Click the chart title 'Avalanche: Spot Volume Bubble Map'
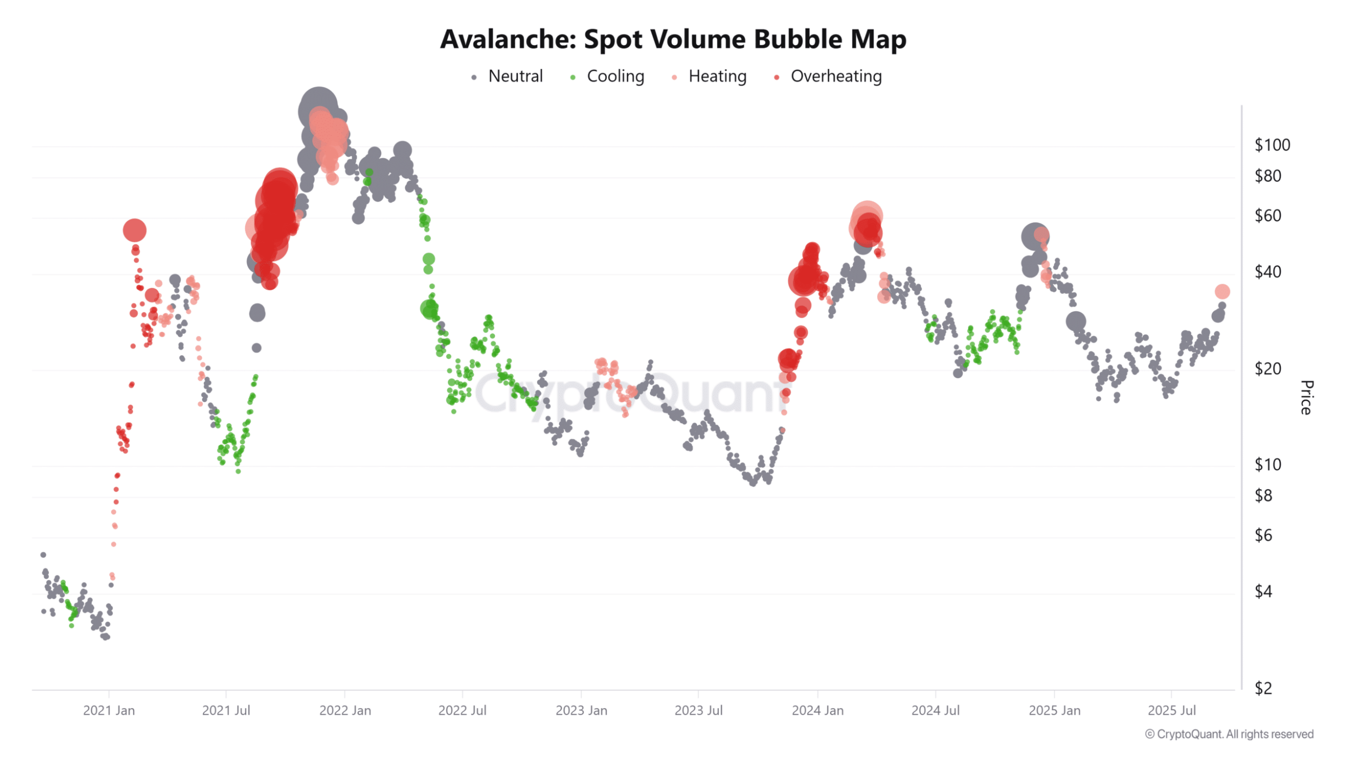tap(673, 39)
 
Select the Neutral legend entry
tap(515, 76)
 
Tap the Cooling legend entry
tap(615, 76)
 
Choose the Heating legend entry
tap(717, 76)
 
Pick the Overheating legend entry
tap(835, 76)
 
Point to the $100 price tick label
tap(1272, 145)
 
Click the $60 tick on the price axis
tap(1267, 216)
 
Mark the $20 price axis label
tap(1267, 369)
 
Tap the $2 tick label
tap(1263, 688)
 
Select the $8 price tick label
tap(1263, 495)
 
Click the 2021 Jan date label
tap(109, 710)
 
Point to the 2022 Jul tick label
tap(462, 710)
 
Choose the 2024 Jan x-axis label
tap(817, 710)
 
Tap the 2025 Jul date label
tap(1171, 710)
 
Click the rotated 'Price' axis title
tap(1307, 397)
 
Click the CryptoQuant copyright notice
tap(1229, 734)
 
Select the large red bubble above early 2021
tap(135, 230)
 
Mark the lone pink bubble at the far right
tap(1222, 291)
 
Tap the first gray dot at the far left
tap(44, 555)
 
